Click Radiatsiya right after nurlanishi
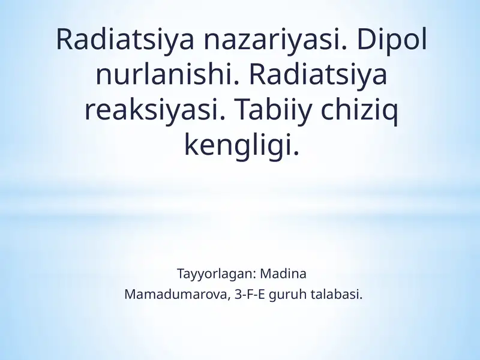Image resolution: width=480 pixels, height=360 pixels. (x=319, y=75)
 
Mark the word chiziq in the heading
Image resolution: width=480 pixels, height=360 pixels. (x=359, y=110)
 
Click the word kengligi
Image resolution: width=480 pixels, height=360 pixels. (x=242, y=145)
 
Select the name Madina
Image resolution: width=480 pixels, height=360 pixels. (x=283, y=274)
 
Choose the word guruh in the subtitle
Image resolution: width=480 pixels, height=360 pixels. (x=287, y=295)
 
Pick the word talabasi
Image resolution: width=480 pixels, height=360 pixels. (x=337, y=295)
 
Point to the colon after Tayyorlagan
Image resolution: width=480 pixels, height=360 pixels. (x=254, y=275)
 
